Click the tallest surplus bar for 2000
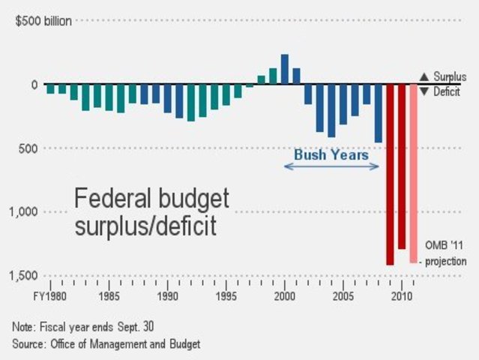tap(285, 69)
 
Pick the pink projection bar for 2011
tap(413, 173)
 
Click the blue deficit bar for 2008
tap(378, 113)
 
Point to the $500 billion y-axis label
tap(43, 21)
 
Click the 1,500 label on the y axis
tap(24, 277)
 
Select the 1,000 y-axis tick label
tap(24, 212)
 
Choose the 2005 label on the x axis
tap(343, 296)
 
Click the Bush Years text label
tap(331, 154)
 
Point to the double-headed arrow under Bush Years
tap(331, 166)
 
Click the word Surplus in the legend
tap(450, 76)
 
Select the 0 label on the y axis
tap(34, 85)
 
